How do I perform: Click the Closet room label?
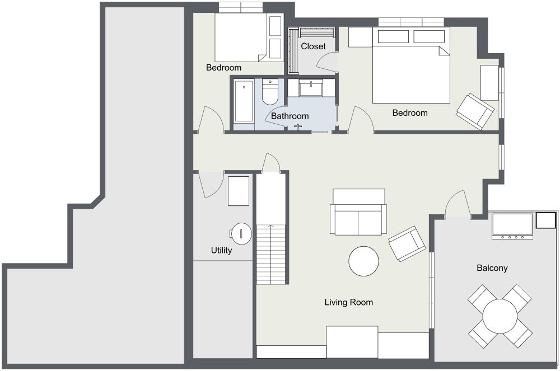[x=313, y=46]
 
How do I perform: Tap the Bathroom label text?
[x=290, y=116]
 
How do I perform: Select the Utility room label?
[x=221, y=251]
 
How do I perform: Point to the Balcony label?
[x=492, y=268]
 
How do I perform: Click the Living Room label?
[x=348, y=303]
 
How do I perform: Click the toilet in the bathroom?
[x=270, y=92]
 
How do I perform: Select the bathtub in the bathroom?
[x=244, y=101]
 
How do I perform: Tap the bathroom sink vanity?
[x=311, y=88]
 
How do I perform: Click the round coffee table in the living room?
[x=363, y=261]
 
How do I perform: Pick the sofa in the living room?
[x=358, y=212]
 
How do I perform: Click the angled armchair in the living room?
[x=407, y=243]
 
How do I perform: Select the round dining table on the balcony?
[x=500, y=316]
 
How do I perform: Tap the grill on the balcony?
[x=512, y=226]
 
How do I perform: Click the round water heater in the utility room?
[x=241, y=234]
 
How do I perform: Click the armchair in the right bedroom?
[x=475, y=111]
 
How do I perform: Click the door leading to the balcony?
[x=458, y=204]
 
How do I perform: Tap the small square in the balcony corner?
[x=545, y=220]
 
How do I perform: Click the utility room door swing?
[x=211, y=184]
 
